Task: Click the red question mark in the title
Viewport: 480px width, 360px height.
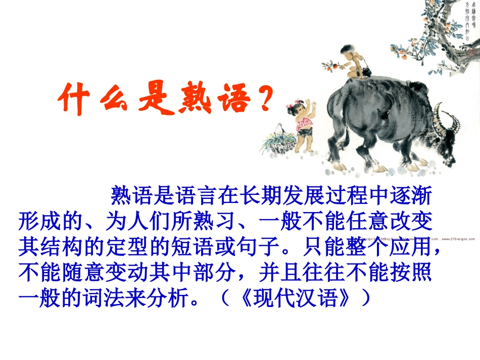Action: [x=263, y=99]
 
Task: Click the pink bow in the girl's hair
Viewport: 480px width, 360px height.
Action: [x=292, y=106]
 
